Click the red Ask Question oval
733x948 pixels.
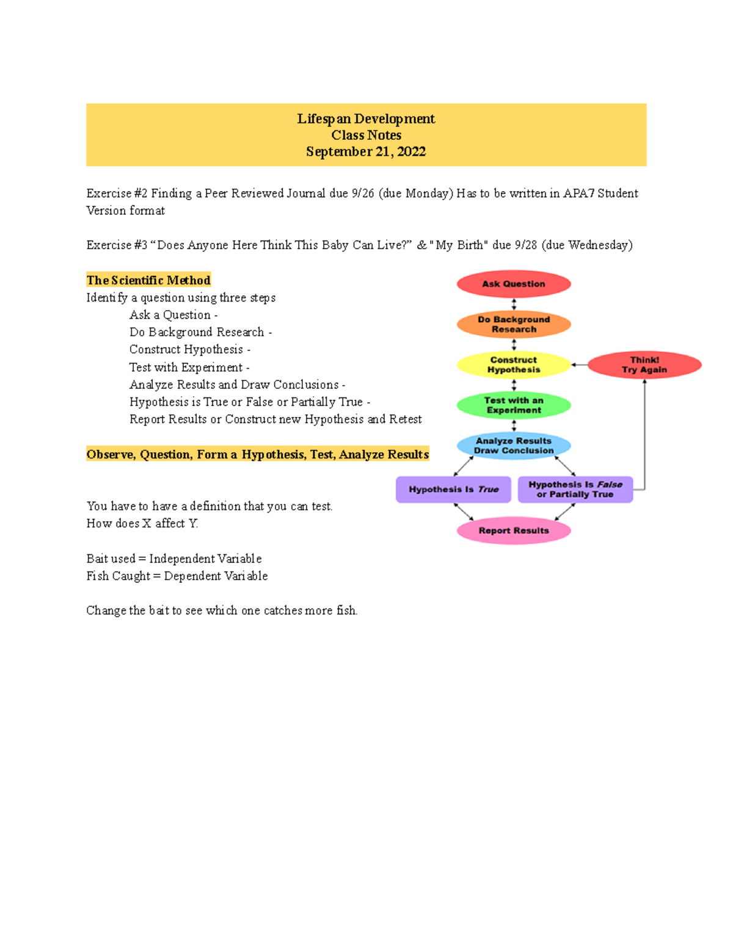[x=514, y=284]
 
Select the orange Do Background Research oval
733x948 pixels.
[x=514, y=324]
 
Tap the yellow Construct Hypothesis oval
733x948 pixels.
[x=514, y=365]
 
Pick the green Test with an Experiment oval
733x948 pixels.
[x=514, y=405]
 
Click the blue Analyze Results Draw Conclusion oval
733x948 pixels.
[x=514, y=446]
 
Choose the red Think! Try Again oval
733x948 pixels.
[x=644, y=365]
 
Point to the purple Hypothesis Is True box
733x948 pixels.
[x=453, y=490]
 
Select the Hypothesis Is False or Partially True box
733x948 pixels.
[x=575, y=490]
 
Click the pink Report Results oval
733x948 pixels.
[x=514, y=530]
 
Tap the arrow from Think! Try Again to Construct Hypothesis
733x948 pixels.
[x=579, y=365]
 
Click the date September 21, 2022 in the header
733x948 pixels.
[x=366, y=151]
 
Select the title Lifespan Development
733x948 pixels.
[x=366, y=118]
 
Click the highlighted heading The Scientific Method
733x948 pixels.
[x=148, y=280]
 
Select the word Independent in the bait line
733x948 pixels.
[x=183, y=559]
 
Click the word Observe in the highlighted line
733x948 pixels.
[x=111, y=455]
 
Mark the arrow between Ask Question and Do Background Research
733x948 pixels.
[x=514, y=304]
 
